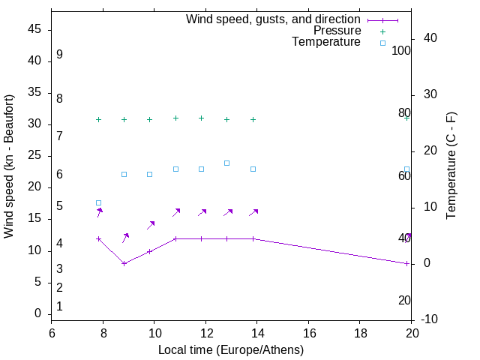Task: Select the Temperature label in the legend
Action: pos(326,42)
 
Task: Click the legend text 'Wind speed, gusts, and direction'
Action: pos(274,19)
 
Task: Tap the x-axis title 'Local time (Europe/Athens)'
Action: pos(231,349)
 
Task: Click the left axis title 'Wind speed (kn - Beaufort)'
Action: pos(9,166)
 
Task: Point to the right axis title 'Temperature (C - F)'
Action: pos(451,166)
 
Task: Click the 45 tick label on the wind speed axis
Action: pos(35,29)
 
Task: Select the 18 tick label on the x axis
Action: pos(360,333)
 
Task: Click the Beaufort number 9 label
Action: pos(59,55)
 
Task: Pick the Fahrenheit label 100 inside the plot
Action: pos(402,51)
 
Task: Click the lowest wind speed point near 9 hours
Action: pos(124,263)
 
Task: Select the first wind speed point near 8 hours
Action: pos(98,238)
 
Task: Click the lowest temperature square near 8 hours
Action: pos(98,202)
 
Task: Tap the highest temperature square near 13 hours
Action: pos(226,163)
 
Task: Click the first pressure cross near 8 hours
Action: pos(98,119)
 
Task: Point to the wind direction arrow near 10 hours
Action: pos(151,225)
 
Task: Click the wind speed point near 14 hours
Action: pos(253,238)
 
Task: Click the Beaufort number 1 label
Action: pos(59,306)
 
